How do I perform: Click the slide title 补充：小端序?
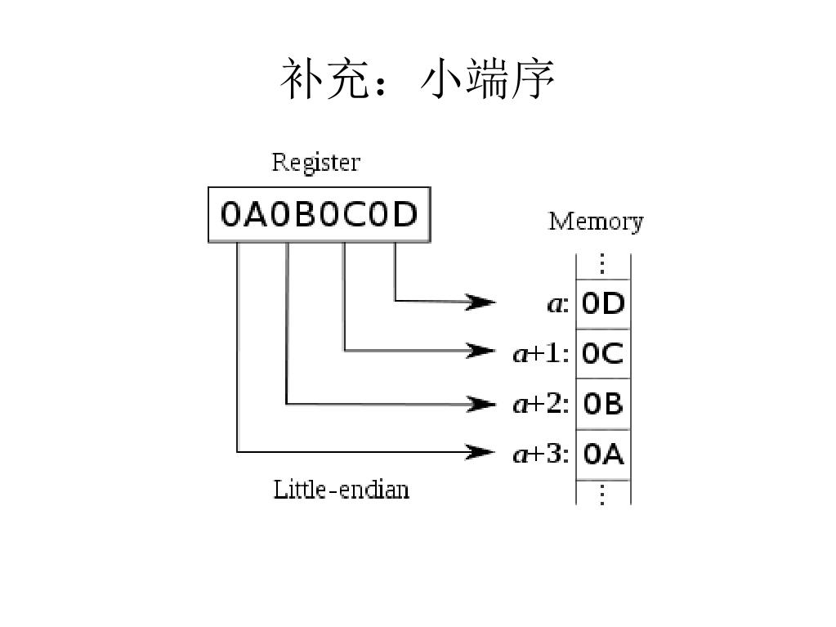tap(418, 79)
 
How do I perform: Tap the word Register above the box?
tap(315, 162)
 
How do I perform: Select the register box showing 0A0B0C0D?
tap(319, 215)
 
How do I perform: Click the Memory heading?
tap(595, 222)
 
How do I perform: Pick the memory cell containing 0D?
tap(603, 304)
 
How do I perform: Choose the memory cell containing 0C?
tap(603, 354)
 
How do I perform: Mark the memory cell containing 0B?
tap(603, 404)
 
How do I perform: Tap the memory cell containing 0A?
tap(603, 454)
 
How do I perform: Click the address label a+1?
tap(540, 353)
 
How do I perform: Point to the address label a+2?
tap(540, 404)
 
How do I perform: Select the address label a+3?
tap(540, 454)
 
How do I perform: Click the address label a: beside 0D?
tap(557, 304)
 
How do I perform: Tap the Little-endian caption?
tap(341, 490)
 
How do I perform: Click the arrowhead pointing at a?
tap(482, 302)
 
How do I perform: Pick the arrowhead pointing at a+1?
tap(482, 352)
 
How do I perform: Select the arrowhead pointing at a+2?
tap(482, 403)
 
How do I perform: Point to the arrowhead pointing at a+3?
tap(482, 451)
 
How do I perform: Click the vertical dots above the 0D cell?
tap(603, 264)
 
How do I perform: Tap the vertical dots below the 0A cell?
tap(603, 494)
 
